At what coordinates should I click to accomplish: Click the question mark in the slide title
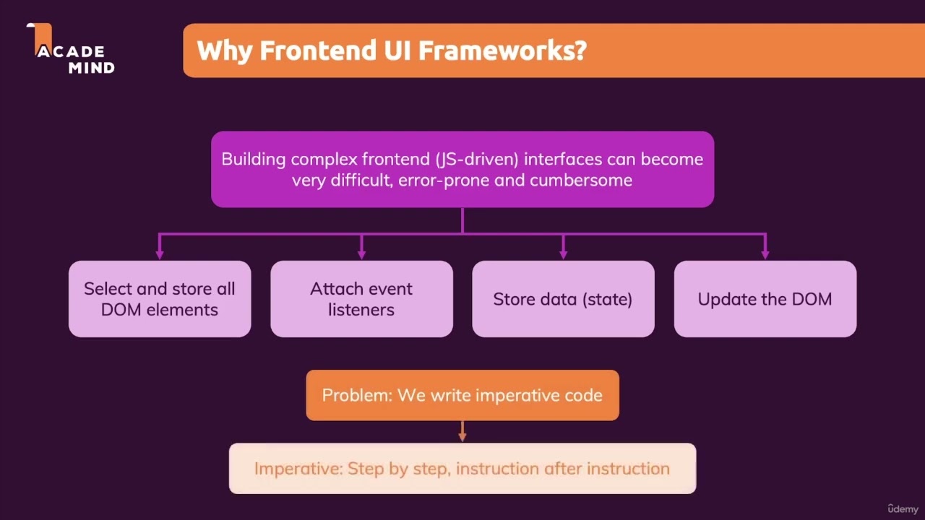[x=579, y=51]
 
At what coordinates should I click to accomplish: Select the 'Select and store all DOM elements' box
[x=160, y=299]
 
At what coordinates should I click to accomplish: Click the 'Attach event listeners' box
[x=361, y=299]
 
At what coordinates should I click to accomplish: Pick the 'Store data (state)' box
[x=563, y=299]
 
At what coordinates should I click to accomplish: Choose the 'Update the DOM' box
[x=765, y=299]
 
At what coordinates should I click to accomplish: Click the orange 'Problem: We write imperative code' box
[x=462, y=395]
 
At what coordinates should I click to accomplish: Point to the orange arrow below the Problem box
[x=462, y=432]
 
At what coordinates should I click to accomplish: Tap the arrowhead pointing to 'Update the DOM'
[x=765, y=253]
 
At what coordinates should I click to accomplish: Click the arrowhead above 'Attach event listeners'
[x=361, y=253]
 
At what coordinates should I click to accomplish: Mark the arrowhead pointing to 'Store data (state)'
[x=563, y=253]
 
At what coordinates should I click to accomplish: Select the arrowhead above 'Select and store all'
[x=160, y=253]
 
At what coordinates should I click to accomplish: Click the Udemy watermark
[x=903, y=508]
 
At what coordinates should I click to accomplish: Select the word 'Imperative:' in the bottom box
[x=298, y=469]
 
